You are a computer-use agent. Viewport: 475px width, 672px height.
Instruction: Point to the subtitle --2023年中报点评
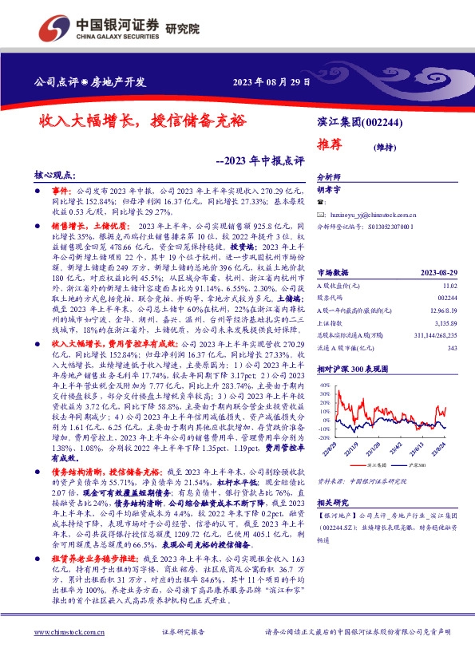click(x=261, y=160)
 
